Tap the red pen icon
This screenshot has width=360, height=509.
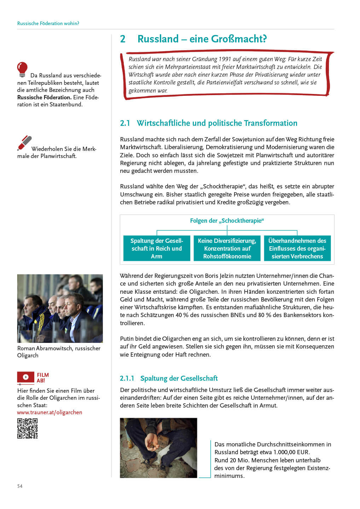[x=24, y=143]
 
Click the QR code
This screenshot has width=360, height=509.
[x=27, y=428]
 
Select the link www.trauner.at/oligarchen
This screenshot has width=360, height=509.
[x=50, y=412]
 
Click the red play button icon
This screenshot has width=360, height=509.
[x=26, y=377]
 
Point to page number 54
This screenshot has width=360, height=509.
[x=20, y=486]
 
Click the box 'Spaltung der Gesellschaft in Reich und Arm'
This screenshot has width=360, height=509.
[x=157, y=248]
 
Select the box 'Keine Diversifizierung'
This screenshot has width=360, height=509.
[x=227, y=248]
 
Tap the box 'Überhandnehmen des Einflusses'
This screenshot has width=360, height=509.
[x=297, y=248]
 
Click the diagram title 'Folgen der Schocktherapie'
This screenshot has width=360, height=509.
[x=227, y=221]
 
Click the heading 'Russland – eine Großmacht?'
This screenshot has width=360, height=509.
[x=202, y=39]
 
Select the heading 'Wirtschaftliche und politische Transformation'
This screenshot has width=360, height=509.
[x=217, y=123]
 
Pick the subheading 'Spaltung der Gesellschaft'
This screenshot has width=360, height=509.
[x=179, y=378]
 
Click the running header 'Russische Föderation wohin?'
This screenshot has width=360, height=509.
[x=48, y=23]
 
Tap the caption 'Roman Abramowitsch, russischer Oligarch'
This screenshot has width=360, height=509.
[x=59, y=352]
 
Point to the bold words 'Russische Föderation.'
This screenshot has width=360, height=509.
[x=44, y=97]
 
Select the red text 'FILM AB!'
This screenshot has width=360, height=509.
[x=43, y=378]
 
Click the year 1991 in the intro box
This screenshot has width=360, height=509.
[x=225, y=59]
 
